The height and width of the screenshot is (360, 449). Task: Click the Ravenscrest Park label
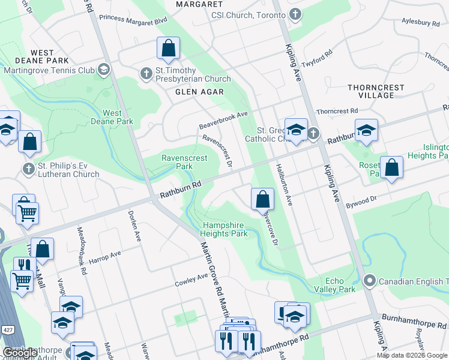(185, 162)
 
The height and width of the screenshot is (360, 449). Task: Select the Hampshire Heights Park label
(225, 229)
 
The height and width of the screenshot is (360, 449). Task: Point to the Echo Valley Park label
(340, 285)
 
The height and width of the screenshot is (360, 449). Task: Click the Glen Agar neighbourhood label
(199, 92)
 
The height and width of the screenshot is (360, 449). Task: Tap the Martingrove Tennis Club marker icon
(104, 70)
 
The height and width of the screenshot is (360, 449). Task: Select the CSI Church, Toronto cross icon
(295, 14)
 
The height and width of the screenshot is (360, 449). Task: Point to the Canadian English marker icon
(370, 280)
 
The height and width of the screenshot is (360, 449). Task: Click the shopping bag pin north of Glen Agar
(169, 49)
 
